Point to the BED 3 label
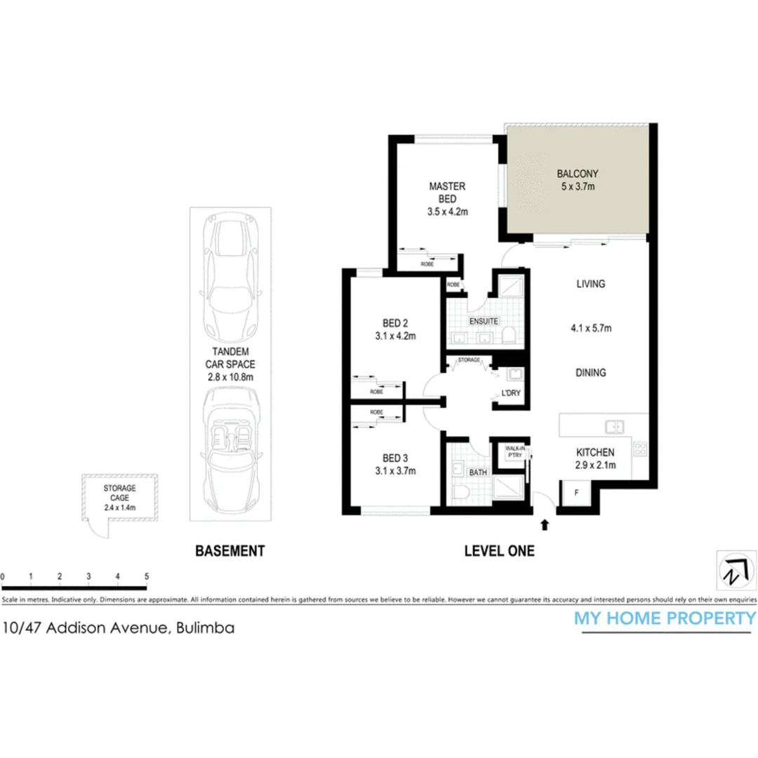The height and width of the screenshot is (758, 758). [394, 458]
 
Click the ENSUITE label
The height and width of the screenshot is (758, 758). [484, 321]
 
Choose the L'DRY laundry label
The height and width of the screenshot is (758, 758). [510, 393]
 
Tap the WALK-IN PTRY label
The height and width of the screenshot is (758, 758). [512, 450]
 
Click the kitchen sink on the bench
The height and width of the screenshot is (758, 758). [616, 425]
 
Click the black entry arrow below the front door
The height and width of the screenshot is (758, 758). [545, 524]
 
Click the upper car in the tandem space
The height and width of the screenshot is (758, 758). [230, 278]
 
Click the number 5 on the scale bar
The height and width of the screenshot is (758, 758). [146, 576]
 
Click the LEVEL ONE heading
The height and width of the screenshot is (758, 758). [499, 551]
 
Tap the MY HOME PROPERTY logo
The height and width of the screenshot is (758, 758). [665, 618]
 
